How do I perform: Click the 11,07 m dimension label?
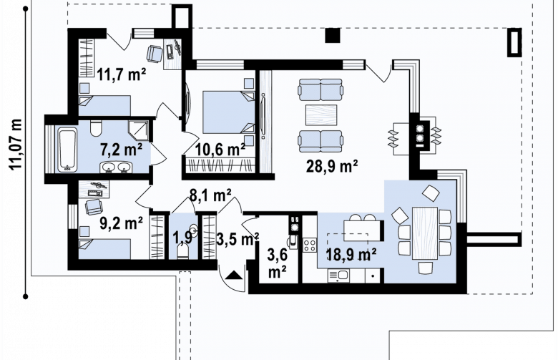(16, 145)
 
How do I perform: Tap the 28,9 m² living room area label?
(332, 166)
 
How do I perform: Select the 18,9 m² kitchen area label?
(351, 254)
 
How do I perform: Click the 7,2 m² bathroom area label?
(121, 150)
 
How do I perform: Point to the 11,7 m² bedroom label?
(122, 74)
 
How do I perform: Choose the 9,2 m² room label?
(121, 223)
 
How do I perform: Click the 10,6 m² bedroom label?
(220, 150)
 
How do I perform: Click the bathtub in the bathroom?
(68, 150)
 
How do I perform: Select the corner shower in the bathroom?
(139, 130)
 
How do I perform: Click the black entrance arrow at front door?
(234, 275)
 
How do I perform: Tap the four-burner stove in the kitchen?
(310, 245)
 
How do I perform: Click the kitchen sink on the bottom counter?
(339, 276)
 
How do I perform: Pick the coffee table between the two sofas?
(321, 115)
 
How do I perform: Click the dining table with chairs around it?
(425, 233)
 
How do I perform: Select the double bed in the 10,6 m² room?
(229, 112)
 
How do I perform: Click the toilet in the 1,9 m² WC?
(182, 252)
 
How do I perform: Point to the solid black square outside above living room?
(333, 36)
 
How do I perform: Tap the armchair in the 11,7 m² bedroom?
(154, 54)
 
